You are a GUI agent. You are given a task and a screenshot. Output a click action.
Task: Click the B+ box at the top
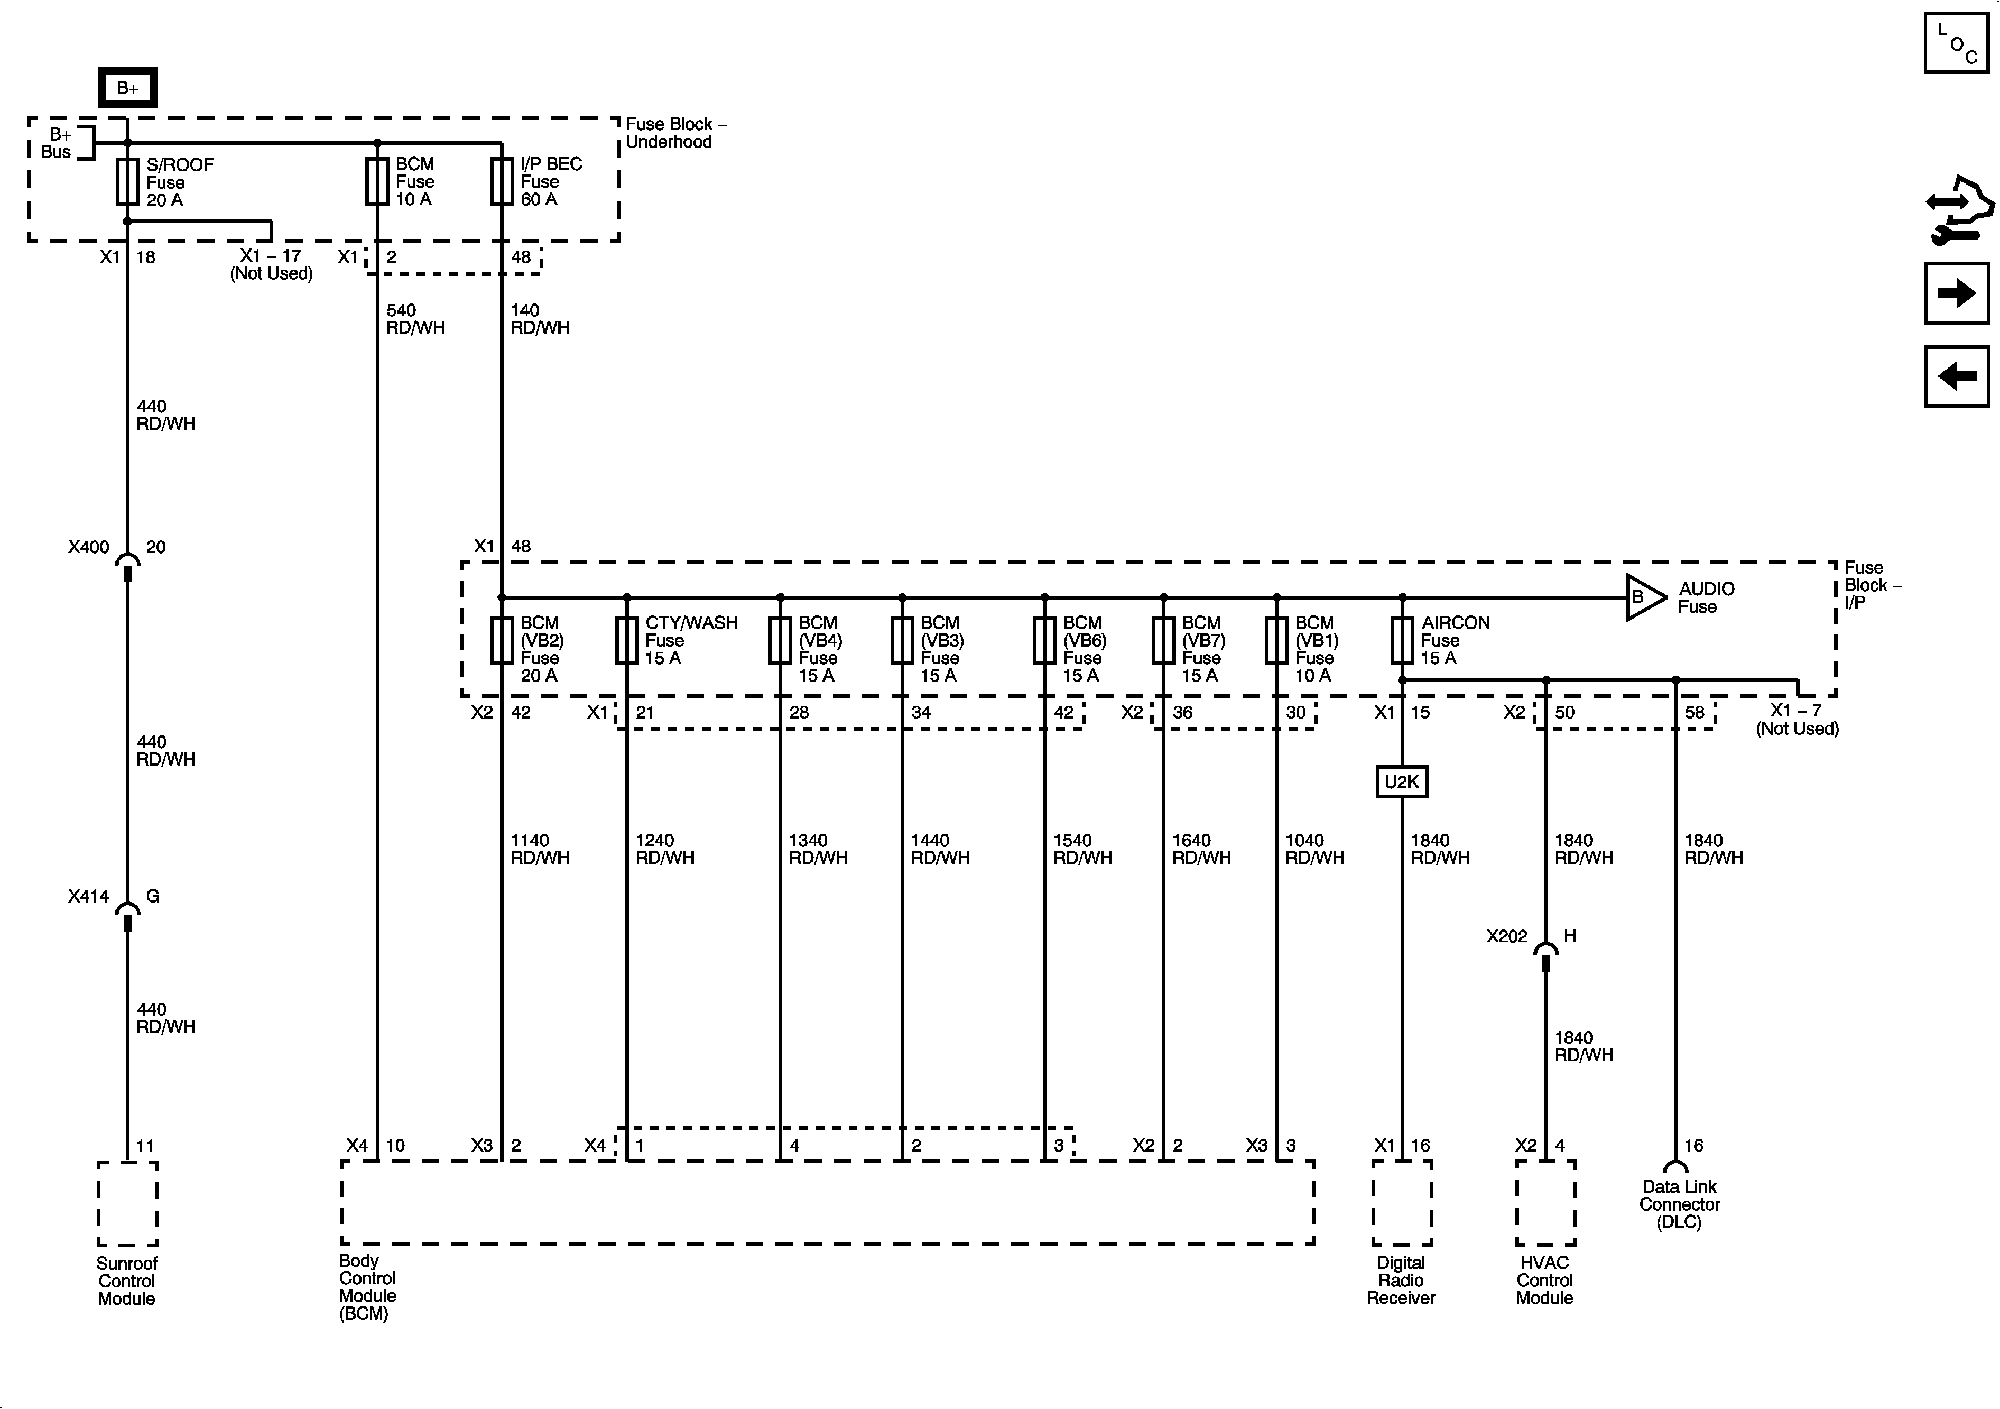coord(127,88)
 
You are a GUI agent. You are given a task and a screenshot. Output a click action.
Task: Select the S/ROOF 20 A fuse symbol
coord(127,181)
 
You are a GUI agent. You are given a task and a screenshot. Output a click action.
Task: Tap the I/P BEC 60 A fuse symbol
coord(501,181)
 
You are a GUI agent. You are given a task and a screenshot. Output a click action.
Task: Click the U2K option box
coord(1402,781)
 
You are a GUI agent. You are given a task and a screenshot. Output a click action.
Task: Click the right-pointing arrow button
coord(1957,293)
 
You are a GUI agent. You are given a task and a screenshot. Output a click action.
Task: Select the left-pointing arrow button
coord(1957,376)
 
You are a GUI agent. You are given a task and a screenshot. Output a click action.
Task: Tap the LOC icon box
coord(1957,43)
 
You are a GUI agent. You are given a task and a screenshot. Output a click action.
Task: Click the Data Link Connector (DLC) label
coord(1679,1204)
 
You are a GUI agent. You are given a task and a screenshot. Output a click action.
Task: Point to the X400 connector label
coord(89,547)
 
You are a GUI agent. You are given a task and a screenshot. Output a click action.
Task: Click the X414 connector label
coord(89,896)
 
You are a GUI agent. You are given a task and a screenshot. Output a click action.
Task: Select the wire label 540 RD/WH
coord(414,319)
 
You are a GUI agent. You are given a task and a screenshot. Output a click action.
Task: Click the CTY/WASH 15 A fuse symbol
coord(626,640)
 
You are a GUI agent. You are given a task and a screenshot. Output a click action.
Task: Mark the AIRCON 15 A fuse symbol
coord(1402,640)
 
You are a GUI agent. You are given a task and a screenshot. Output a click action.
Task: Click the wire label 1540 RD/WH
coord(1082,849)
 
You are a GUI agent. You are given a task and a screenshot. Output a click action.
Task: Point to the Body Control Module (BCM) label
coord(367,1286)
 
